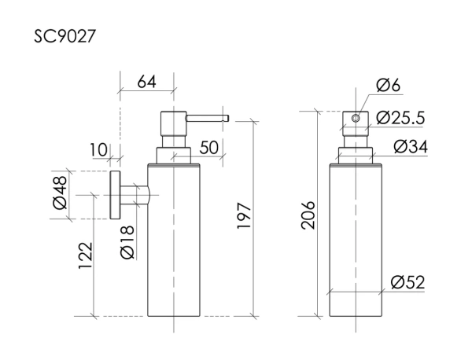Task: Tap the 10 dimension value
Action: point(98,149)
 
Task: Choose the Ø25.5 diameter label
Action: point(400,119)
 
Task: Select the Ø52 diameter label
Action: point(407,283)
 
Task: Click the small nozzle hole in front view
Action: point(355,119)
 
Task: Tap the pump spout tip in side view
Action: point(226,119)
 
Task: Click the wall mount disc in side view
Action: point(115,195)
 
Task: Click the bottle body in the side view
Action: point(175,244)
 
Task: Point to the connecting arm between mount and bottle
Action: point(135,195)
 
